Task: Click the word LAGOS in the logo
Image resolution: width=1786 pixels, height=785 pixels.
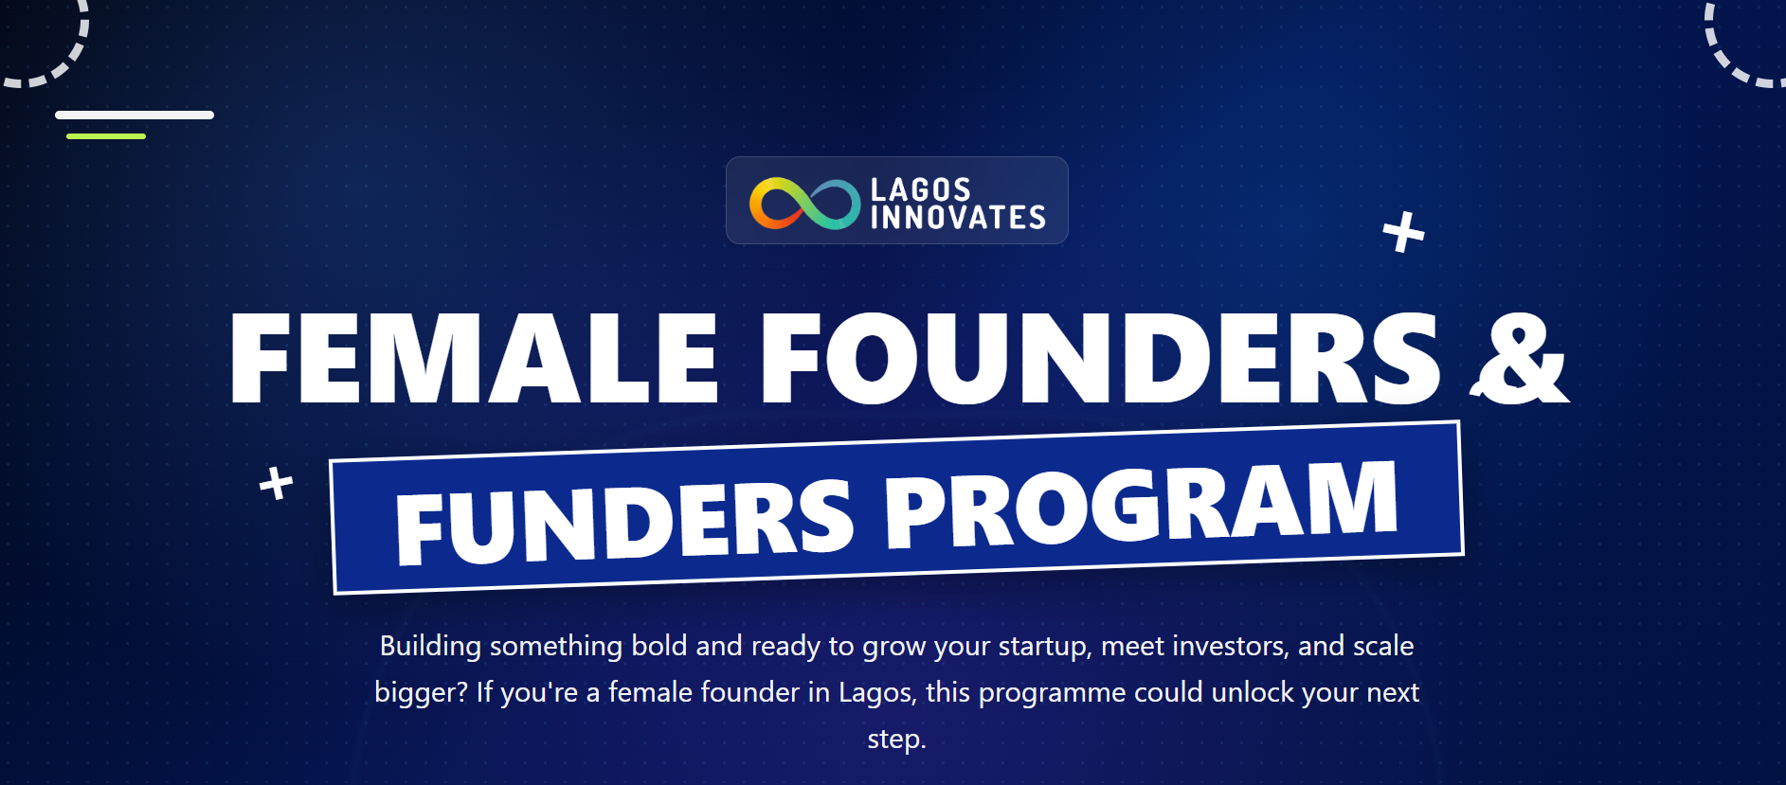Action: [920, 189]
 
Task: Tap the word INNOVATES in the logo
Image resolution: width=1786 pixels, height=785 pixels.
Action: [958, 218]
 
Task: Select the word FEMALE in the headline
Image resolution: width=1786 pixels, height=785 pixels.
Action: [474, 358]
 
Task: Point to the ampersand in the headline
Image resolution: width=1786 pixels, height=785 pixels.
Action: [1519, 360]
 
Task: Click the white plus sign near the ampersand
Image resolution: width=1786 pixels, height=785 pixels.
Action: [1403, 232]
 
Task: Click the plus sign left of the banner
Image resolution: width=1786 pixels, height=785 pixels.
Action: [277, 483]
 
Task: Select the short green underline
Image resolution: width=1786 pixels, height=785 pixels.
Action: [106, 136]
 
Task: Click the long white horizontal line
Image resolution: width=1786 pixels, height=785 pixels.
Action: [135, 116]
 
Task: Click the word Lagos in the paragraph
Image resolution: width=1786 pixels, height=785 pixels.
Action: [877, 693]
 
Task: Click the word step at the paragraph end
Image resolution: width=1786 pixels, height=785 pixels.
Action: [896, 740]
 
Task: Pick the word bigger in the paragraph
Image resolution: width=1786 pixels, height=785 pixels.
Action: [421, 693]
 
